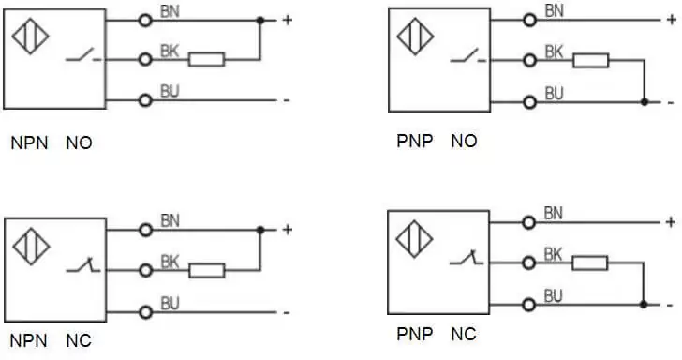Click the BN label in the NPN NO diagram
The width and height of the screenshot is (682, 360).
170,12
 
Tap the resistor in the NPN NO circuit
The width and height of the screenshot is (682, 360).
207,60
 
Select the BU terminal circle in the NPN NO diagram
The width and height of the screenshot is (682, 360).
145,100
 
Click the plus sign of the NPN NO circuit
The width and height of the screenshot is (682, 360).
287,20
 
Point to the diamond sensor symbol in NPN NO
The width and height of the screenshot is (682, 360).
30,37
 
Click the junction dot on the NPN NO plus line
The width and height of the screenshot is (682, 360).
260,20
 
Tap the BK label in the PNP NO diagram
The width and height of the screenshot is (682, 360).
555,52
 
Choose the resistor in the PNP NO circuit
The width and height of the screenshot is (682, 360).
591,61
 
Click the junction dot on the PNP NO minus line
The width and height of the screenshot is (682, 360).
645,102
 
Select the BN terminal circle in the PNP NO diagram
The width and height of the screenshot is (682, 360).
530,20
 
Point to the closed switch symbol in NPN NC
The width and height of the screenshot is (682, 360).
83,265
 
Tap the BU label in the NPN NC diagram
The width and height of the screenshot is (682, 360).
170,304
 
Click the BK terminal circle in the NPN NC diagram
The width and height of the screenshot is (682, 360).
146,270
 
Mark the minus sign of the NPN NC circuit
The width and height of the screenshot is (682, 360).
287,312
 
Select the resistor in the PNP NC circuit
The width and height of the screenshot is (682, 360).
590,262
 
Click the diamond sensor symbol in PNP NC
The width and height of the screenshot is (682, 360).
414,238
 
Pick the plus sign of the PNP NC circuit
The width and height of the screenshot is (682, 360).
670,222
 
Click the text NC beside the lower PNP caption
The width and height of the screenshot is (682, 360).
464,335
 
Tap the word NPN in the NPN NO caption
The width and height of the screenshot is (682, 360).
29,142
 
